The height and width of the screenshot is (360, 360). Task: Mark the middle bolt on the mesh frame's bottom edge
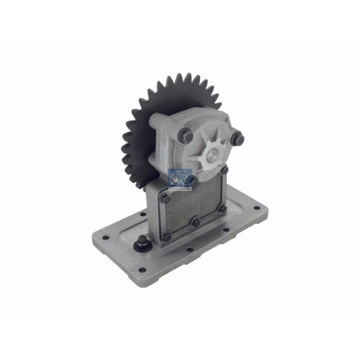pos(194,223)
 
